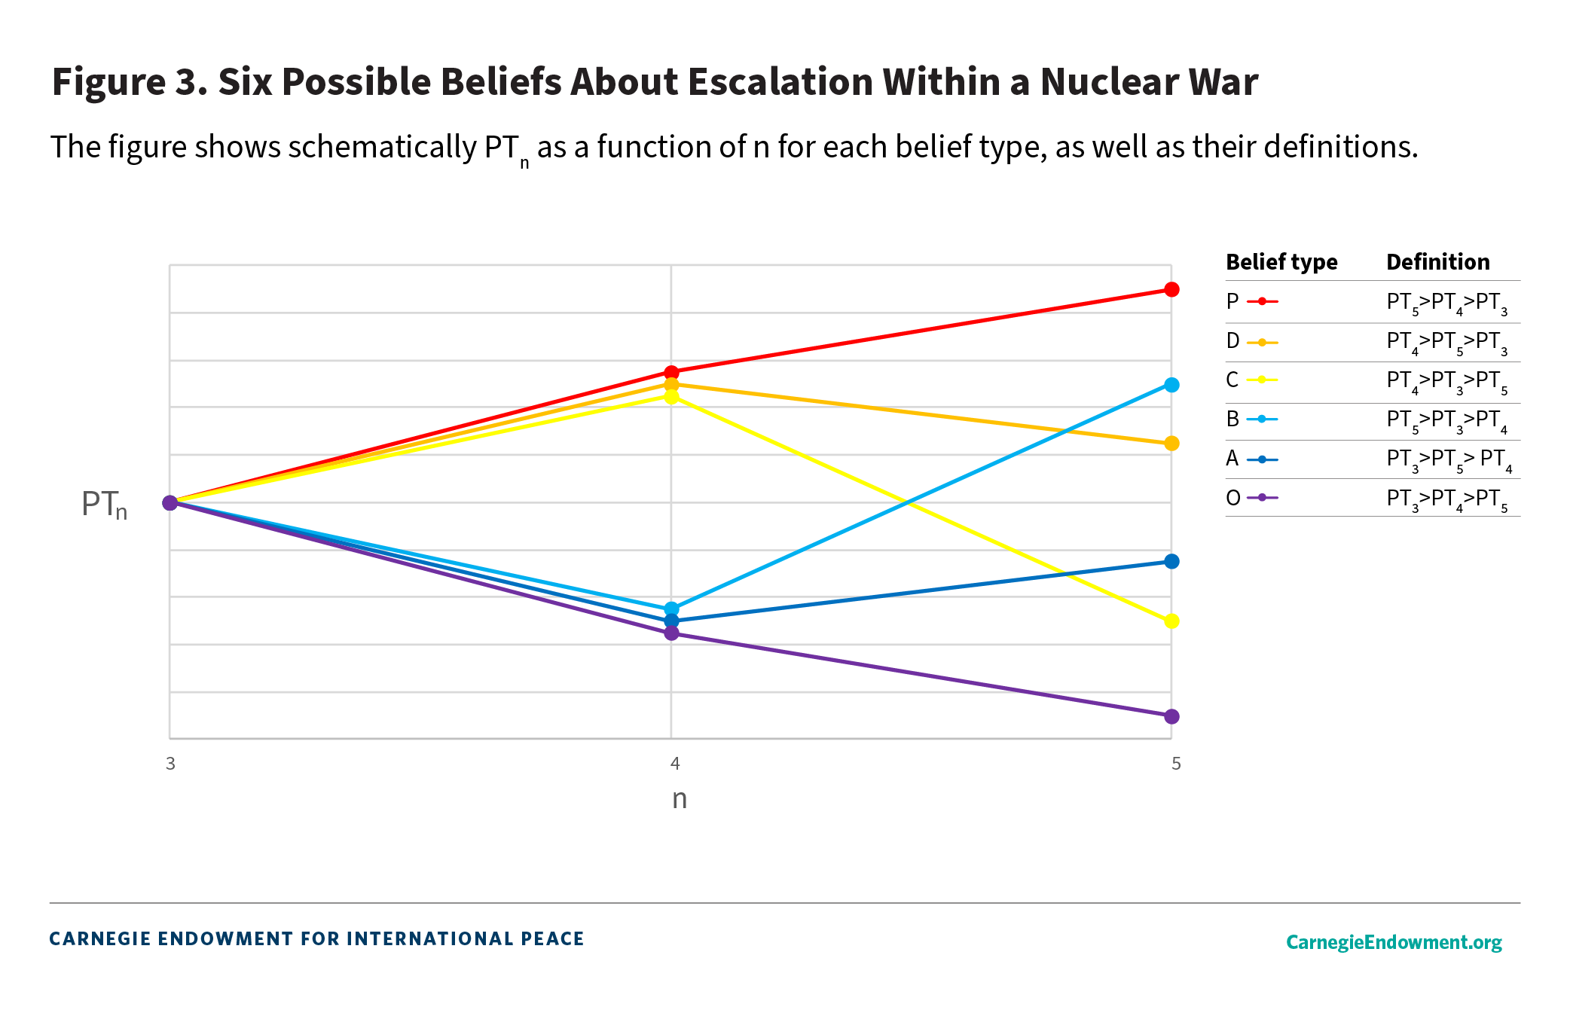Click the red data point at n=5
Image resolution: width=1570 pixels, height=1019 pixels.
(1171, 289)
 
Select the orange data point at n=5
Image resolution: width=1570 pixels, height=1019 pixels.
(1171, 444)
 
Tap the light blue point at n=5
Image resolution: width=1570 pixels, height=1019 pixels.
(1171, 385)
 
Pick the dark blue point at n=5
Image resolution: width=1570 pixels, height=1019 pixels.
(1171, 561)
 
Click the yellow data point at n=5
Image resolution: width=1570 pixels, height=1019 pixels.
(1171, 621)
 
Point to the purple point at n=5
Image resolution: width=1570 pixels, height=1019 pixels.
(1171, 716)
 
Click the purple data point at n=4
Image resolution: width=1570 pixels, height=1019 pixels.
(671, 633)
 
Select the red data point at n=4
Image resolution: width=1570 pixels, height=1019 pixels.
(671, 372)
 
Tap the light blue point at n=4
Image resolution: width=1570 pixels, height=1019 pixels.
(671, 609)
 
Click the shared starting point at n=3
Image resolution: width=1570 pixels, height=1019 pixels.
(170, 502)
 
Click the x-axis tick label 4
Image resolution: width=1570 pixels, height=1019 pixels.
(675, 764)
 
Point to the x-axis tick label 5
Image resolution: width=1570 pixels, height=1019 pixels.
(1176, 764)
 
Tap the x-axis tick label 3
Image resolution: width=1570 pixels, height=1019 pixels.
(170, 764)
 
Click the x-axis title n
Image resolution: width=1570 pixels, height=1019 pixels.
(680, 799)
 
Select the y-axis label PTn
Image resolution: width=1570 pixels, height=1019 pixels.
(104, 504)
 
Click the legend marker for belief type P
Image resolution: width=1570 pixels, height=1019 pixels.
(1262, 301)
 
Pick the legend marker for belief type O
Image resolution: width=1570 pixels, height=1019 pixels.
(1262, 497)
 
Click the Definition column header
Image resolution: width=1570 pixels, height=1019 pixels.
(1437, 262)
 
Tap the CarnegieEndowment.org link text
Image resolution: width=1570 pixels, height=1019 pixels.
(1393, 942)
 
